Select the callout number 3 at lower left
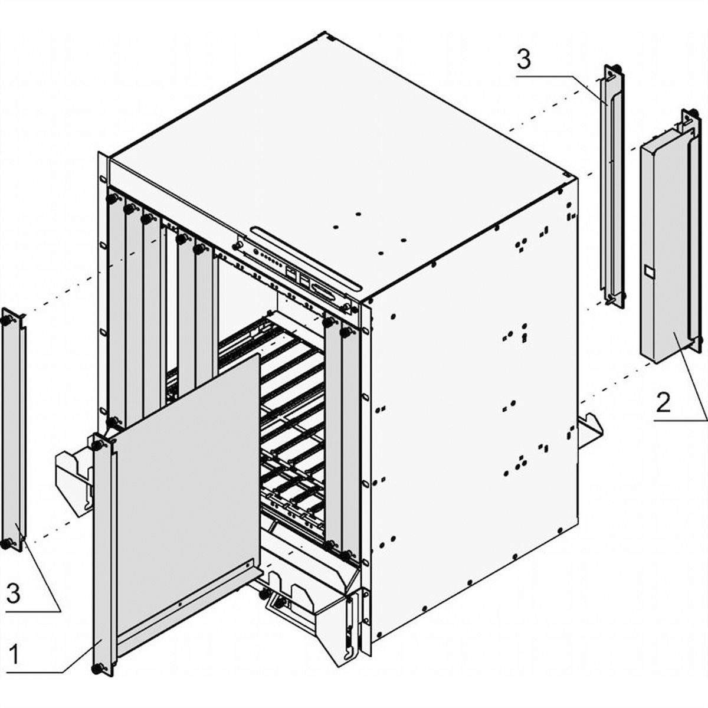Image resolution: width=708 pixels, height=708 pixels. [13, 593]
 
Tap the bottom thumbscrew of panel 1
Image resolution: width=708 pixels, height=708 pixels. [96, 668]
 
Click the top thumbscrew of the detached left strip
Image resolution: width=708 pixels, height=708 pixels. [8, 319]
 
